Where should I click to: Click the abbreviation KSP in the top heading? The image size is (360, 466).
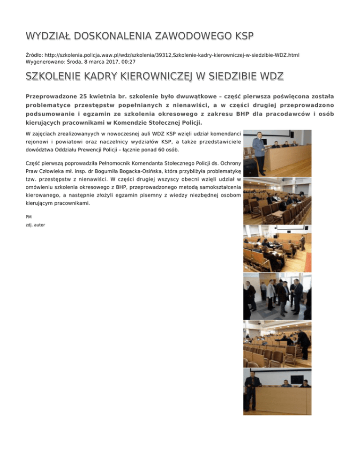click(241, 36)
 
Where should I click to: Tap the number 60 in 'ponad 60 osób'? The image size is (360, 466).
click(162, 150)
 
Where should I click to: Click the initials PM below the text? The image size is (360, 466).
click(29, 217)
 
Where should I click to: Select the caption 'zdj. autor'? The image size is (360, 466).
click(36, 225)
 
